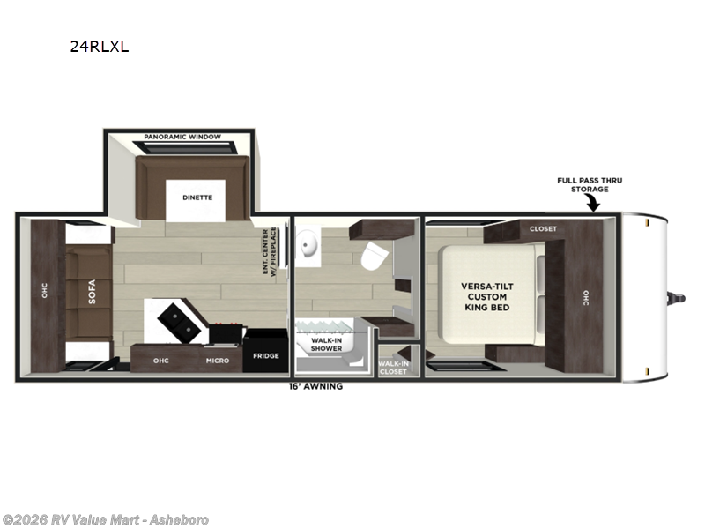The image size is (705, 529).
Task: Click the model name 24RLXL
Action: click(100, 47)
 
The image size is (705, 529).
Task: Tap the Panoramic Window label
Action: click(182, 137)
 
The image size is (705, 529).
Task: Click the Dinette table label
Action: click(197, 197)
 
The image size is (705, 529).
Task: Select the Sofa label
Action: click(92, 292)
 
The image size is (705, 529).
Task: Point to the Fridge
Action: click(266, 351)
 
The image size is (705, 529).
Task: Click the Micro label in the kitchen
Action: click(218, 361)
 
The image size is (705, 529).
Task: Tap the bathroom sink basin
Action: click(309, 245)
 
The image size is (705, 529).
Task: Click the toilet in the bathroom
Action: click(374, 256)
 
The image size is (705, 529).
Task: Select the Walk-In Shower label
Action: click(326, 345)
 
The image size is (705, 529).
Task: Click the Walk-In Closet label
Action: click(393, 368)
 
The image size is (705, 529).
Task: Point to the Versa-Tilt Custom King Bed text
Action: click(487, 297)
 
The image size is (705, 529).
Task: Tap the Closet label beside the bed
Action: click(543, 229)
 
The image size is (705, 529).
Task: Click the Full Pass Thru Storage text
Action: click(590, 185)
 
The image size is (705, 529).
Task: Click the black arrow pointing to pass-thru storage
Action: click(593, 204)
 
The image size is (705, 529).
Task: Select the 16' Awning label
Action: click(315, 386)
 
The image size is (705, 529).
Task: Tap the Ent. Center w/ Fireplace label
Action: click(270, 251)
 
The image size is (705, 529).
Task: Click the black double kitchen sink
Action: click(179, 322)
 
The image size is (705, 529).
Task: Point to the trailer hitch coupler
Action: click(677, 298)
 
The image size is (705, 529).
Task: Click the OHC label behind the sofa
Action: click(45, 290)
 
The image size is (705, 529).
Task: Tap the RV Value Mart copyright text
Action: click(105, 520)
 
